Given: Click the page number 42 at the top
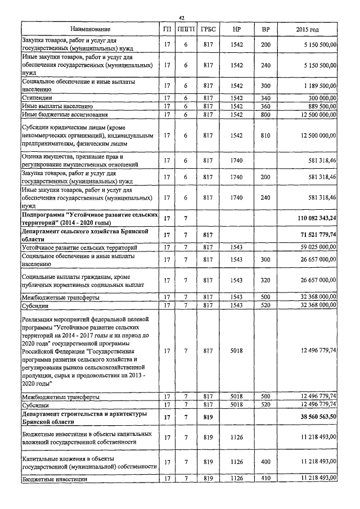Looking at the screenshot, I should pyautogui.click(x=182, y=18).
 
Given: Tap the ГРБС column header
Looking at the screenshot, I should pyautogui.click(x=208, y=29).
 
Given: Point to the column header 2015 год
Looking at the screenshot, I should pyautogui.click(x=308, y=29).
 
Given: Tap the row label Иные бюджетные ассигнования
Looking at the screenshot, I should pyautogui.click(x=61, y=115).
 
